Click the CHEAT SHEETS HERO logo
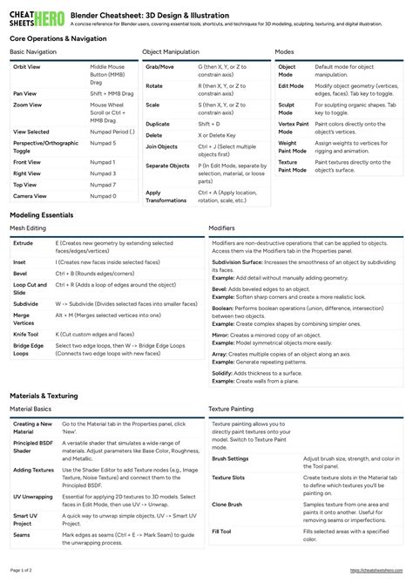coord(35,18)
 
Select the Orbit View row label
coord(27,67)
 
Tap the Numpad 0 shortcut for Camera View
coord(102,196)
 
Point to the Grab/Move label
coord(159,67)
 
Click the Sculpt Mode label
coord(287,108)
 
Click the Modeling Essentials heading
coord(42,215)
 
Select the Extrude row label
coord(24,243)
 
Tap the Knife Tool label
coord(26,333)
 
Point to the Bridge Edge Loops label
coord(29,349)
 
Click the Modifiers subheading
coord(221,228)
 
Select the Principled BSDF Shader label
coord(32,448)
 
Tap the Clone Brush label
coord(227,505)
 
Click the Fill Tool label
coord(222,531)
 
